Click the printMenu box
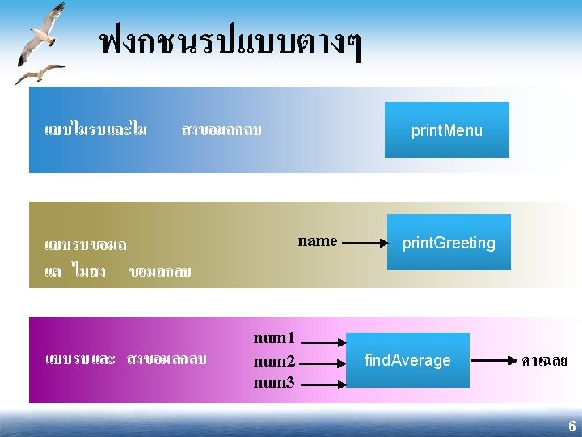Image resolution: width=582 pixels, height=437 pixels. [446, 129]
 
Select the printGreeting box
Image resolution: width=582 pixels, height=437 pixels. [449, 242]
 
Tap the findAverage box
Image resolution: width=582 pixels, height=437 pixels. [407, 360]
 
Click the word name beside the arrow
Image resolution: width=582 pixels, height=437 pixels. [318, 240]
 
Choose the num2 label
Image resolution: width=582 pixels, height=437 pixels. [274, 361]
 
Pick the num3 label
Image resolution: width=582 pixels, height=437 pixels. [274, 382]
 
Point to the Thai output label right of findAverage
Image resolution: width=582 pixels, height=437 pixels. [544, 360]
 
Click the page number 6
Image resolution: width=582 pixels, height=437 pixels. [571, 426]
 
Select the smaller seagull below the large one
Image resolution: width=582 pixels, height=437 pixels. [40, 74]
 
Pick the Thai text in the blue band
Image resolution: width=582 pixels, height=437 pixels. [154, 129]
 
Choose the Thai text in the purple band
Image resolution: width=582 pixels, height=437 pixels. [126, 359]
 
